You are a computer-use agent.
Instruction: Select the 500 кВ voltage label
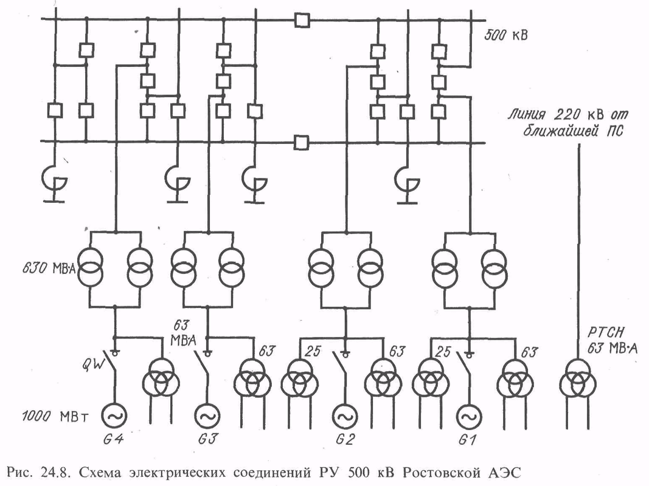click(505, 36)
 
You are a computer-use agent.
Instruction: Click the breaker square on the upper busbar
click(300, 20)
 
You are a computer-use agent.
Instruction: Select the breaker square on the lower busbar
click(300, 143)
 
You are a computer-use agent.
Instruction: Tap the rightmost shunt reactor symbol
click(407, 179)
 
